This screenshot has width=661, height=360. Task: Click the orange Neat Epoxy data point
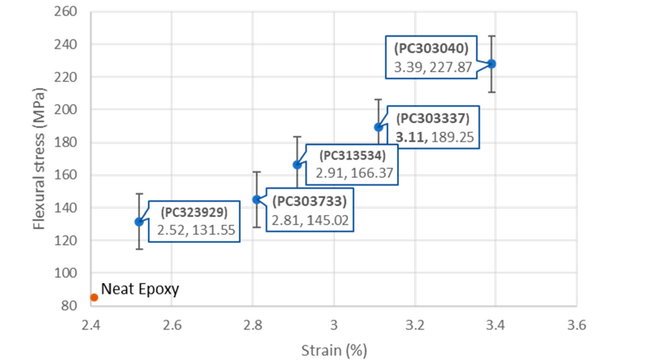tap(94, 297)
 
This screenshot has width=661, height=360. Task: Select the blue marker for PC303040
tap(491, 63)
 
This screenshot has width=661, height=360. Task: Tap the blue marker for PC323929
tap(139, 222)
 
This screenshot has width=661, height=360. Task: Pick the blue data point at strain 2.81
tap(256, 199)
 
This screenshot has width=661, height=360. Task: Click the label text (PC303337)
tap(433, 118)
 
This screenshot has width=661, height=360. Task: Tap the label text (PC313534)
tap(357, 155)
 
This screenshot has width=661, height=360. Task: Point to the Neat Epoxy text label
tap(139, 288)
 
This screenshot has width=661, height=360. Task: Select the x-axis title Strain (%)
tap(333, 349)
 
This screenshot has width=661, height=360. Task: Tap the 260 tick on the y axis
tap(66, 12)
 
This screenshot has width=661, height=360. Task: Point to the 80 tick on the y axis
tap(70, 306)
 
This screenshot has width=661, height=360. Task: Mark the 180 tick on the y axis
tap(66, 142)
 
